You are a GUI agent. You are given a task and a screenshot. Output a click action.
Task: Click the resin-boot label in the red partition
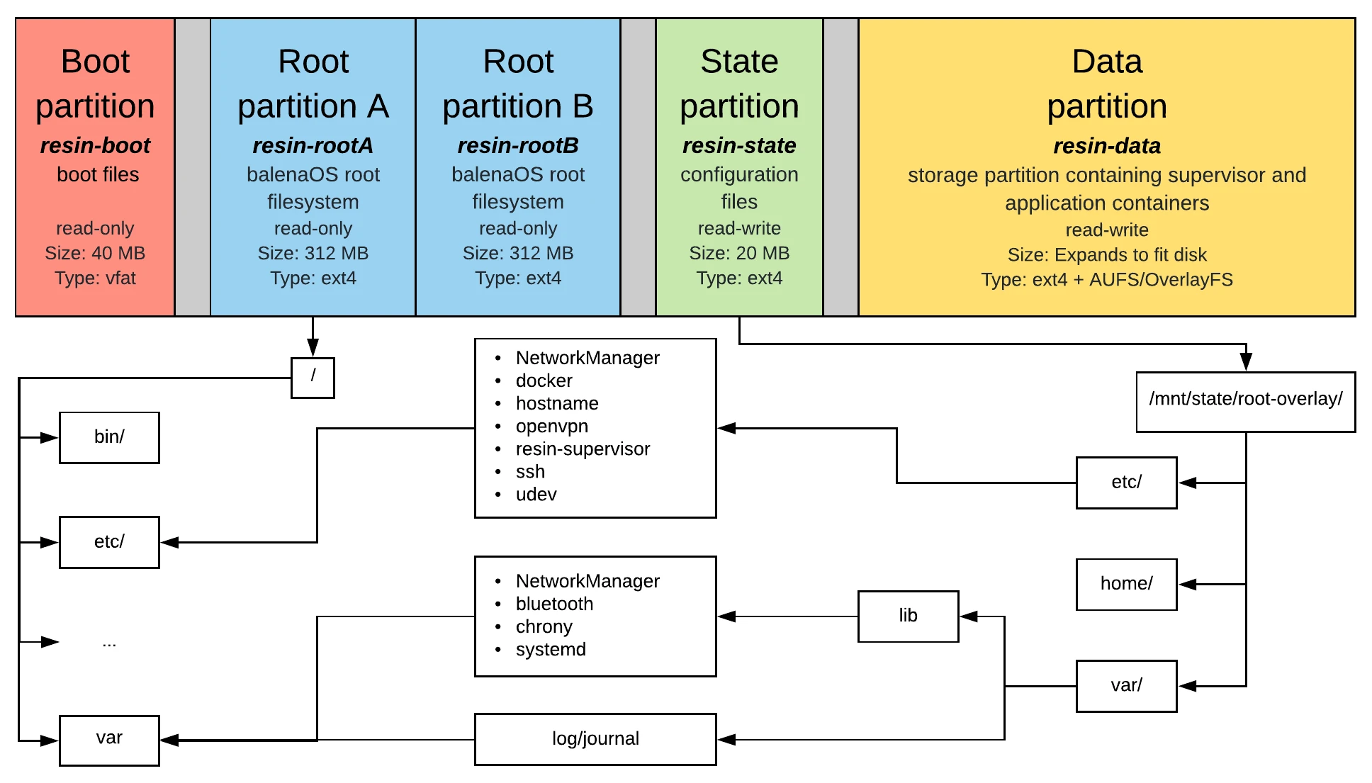click(x=95, y=145)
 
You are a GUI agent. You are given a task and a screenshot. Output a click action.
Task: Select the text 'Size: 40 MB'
click(x=95, y=253)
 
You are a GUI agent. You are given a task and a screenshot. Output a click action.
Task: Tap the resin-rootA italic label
click(x=313, y=145)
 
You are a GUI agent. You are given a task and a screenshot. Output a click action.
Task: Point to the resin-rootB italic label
click(x=518, y=145)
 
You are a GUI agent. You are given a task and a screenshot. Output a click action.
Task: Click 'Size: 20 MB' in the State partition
click(x=739, y=253)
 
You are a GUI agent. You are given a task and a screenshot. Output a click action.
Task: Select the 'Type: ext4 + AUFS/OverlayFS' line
click(x=1106, y=279)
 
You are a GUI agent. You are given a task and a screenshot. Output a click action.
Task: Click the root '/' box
click(x=313, y=377)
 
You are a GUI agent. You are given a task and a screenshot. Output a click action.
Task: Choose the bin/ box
click(x=109, y=437)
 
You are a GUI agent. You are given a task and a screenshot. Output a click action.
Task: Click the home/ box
click(x=1126, y=584)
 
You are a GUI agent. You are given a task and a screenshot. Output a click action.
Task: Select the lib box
click(x=908, y=616)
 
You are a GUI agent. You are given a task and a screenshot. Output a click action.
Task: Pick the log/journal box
click(x=595, y=739)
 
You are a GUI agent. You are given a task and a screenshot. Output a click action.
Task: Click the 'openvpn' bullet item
click(x=551, y=426)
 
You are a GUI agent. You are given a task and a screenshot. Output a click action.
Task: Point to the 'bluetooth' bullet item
click(x=554, y=604)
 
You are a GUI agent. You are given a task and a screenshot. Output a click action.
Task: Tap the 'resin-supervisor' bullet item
click(x=583, y=449)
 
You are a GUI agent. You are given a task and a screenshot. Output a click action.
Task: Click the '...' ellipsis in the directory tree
click(x=109, y=643)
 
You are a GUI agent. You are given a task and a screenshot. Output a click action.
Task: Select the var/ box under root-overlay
click(x=1126, y=685)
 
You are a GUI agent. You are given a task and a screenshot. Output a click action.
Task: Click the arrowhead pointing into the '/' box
click(x=313, y=348)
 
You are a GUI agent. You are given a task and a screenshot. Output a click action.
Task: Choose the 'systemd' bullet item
click(x=551, y=649)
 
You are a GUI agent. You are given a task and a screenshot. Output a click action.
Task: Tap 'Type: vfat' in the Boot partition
click(x=95, y=278)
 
